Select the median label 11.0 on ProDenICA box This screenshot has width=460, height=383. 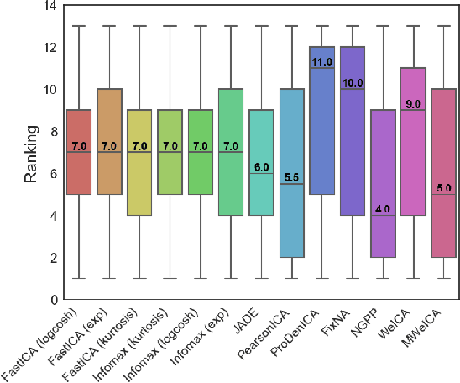(x=321, y=61)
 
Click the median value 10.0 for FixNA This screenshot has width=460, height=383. (x=352, y=82)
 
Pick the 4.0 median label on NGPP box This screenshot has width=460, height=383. (x=382, y=208)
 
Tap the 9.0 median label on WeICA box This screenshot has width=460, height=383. (x=412, y=103)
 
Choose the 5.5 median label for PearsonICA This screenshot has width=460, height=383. (x=291, y=176)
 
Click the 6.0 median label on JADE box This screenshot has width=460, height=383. (x=261, y=166)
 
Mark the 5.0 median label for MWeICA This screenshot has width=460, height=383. (x=442, y=187)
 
